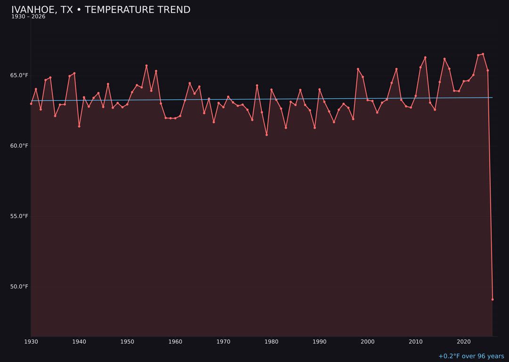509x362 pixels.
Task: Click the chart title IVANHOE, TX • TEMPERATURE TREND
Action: (101, 10)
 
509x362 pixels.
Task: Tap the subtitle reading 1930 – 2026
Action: (28, 17)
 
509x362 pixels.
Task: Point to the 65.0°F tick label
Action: (20, 75)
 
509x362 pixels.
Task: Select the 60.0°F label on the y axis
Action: (20, 146)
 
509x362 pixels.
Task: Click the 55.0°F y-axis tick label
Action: (20, 216)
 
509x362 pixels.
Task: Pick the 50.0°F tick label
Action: (20, 287)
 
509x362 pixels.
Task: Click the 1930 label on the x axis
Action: (31, 341)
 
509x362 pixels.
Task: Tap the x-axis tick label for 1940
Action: (79, 341)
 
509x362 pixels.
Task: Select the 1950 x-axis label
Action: (127, 341)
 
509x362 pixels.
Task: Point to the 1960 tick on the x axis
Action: (175, 341)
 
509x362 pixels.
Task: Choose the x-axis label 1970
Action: (223, 341)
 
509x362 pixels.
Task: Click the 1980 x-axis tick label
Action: (271, 341)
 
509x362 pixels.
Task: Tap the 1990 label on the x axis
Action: (320, 341)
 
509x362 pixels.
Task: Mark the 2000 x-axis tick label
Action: (368, 341)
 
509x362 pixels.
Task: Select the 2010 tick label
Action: (416, 341)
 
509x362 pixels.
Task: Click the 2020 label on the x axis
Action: (464, 341)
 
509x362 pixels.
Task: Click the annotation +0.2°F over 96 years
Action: (471, 356)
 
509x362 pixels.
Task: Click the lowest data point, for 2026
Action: (493, 299)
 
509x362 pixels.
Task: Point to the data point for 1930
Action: (31, 104)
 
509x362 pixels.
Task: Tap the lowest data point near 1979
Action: (267, 135)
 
